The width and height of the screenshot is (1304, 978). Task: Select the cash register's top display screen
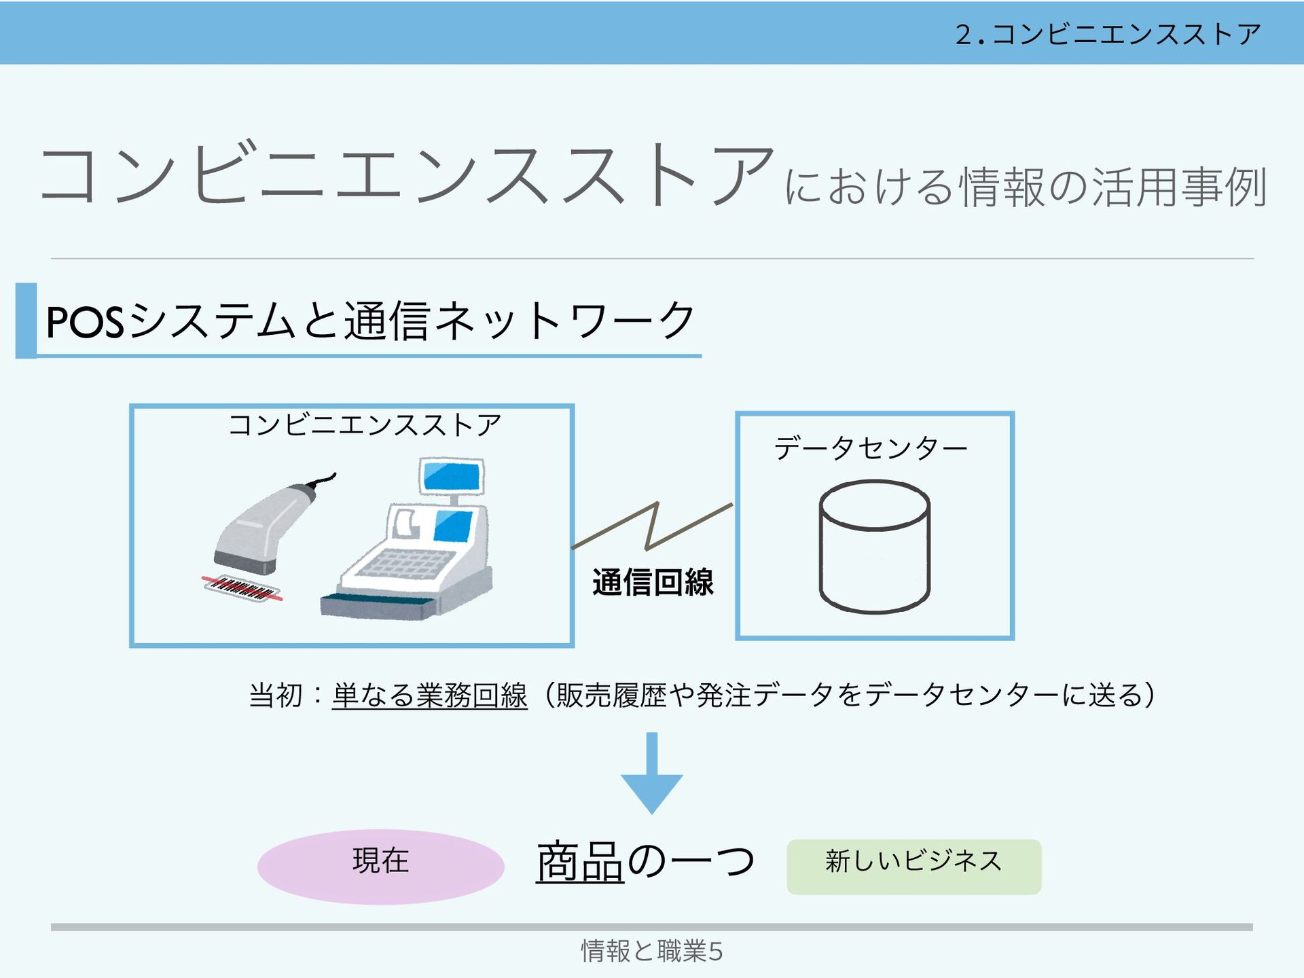451,476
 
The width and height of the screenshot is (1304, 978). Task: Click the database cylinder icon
874,547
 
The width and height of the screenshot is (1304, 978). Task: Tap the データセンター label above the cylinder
871,448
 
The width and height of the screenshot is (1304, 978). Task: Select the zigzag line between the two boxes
652,526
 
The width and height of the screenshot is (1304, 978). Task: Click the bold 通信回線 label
653,582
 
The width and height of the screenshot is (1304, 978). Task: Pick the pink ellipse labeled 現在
380,867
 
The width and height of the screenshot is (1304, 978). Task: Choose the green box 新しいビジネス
913,867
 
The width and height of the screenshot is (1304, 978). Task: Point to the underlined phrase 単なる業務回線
429,695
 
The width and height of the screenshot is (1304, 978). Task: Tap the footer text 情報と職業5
651,951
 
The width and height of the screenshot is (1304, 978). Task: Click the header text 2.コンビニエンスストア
1108,34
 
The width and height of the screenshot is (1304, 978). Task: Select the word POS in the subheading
85,322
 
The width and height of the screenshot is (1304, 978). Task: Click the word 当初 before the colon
275,695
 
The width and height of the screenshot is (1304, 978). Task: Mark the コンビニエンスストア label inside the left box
365,425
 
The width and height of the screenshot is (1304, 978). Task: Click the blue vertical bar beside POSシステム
26,321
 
